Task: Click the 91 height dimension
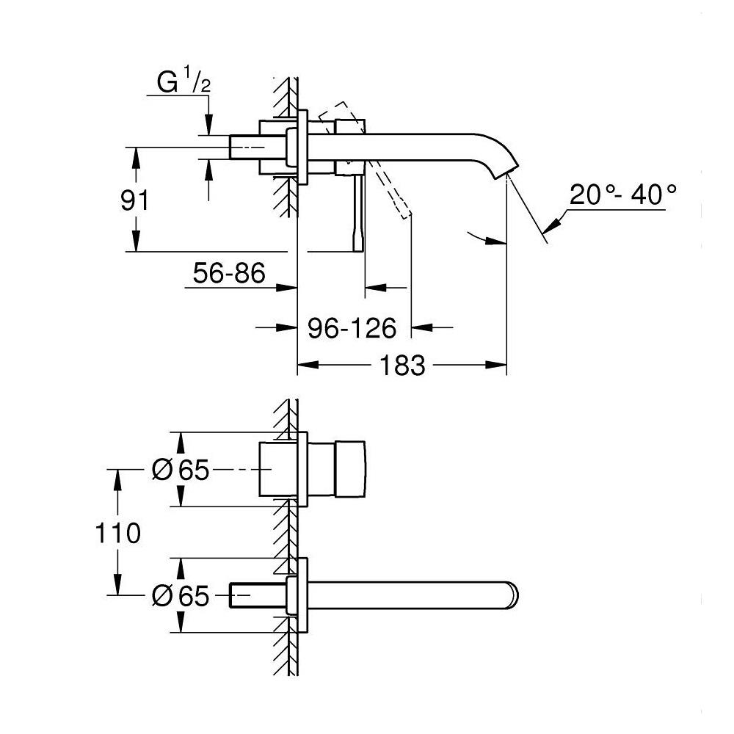tap(134, 200)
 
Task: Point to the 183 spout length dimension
tap(403, 365)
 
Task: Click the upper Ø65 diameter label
tap(181, 470)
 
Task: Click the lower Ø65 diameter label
tap(181, 595)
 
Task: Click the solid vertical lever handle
tap(358, 213)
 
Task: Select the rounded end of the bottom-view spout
tap(512, 595)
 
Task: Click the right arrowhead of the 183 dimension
tap(500, 365)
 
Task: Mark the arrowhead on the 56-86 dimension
tap(288, 288)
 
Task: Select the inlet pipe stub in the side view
tap(249, 147)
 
